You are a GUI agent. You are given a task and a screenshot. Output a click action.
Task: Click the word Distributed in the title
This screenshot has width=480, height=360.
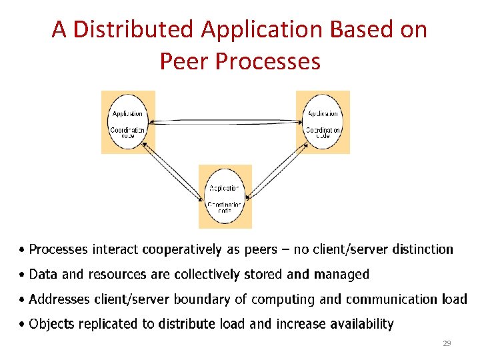point(134,29)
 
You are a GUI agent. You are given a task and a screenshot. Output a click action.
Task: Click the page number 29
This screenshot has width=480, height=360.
point(447,343)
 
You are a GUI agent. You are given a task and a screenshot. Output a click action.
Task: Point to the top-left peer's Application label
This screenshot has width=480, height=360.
point(127,114)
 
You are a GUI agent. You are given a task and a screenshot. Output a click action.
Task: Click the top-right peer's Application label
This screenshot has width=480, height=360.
point(323,114)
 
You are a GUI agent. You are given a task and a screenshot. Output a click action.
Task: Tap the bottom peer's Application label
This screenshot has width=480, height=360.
point(225,189)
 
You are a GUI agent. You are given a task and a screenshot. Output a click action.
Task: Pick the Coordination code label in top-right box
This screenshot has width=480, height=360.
point(323,133)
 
